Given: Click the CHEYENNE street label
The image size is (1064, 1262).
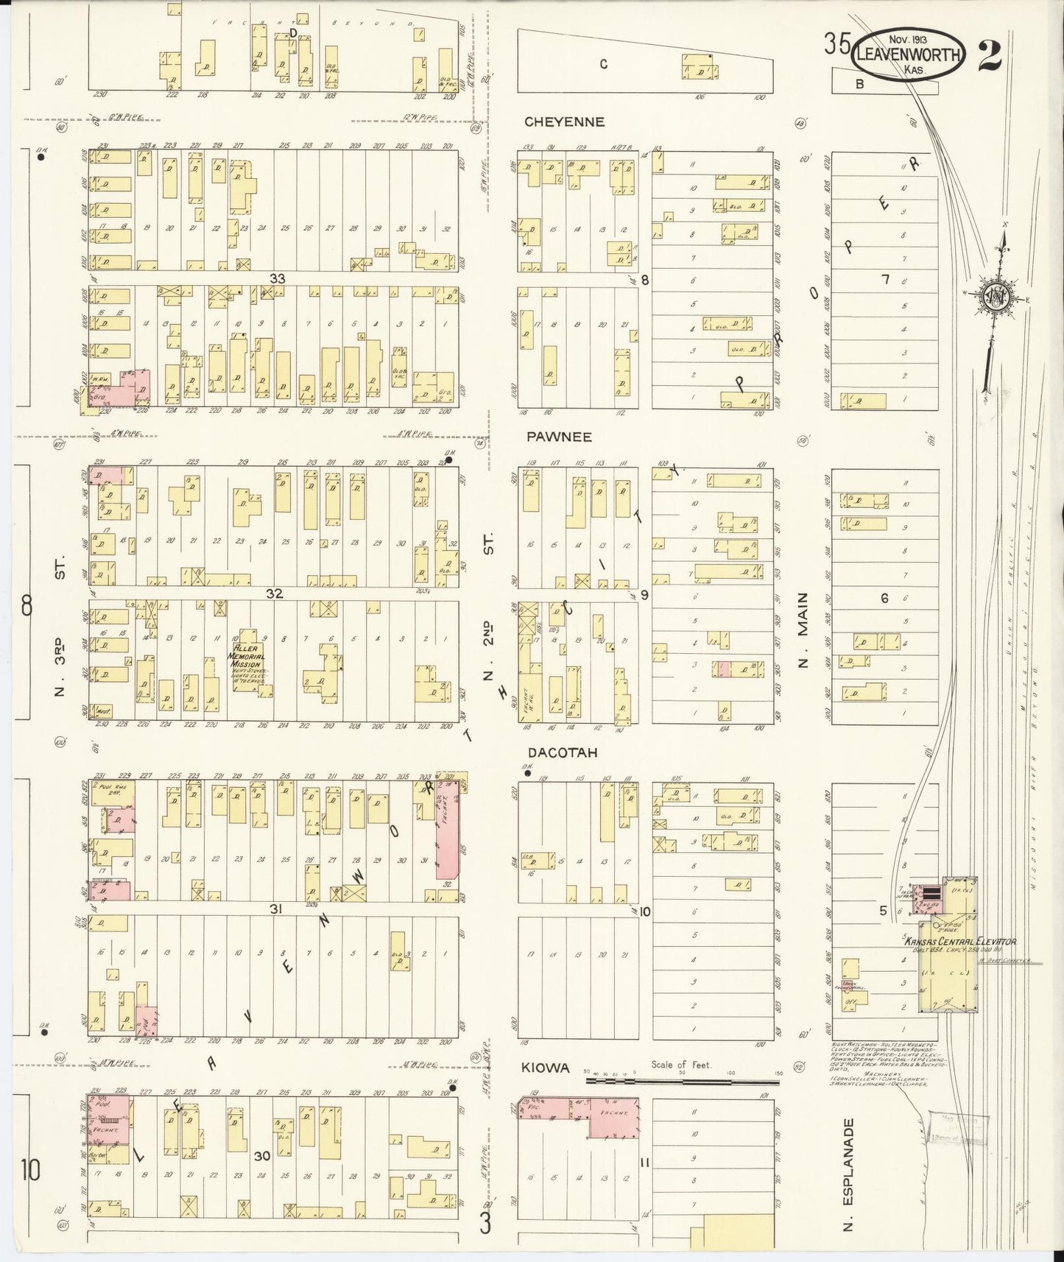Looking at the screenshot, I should tap(565, 122).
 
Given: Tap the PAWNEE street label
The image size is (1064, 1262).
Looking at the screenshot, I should tap(559, 437).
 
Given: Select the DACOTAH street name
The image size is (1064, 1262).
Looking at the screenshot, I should tap(561, 753).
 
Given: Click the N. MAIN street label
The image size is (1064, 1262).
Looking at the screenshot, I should tap(803, 630).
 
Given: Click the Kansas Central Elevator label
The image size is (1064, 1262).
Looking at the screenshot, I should tap(960, 941).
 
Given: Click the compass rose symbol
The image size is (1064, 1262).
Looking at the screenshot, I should tap(998, 297).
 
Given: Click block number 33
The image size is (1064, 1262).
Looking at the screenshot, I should tap(277, 279).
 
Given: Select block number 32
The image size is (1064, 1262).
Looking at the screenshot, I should tap(275, 593).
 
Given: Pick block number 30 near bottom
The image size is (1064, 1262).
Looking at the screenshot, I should tap(263, 1156).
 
